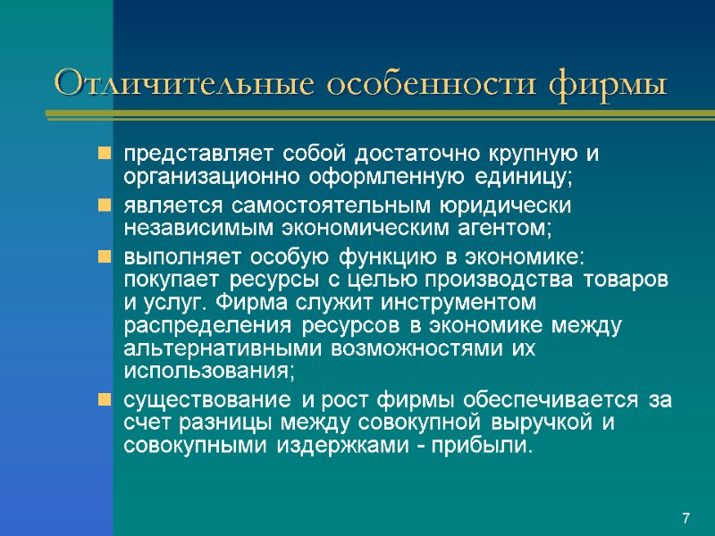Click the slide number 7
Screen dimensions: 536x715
pos(686,519)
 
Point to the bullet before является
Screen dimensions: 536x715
pos(105,205)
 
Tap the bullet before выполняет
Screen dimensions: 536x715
pos(105,256)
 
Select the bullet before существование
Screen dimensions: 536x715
pos(105,399)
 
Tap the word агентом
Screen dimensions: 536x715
pos(507,228)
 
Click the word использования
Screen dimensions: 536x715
pos(206,369)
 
